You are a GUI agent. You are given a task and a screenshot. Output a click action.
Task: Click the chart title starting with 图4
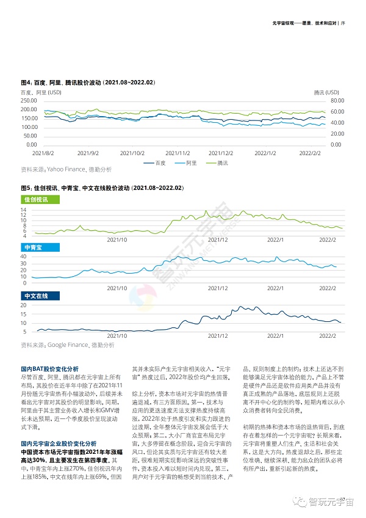[88, 82]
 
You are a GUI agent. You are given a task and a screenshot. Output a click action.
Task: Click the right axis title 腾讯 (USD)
[326, 92]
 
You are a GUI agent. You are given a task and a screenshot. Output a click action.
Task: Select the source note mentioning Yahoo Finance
[66, 169]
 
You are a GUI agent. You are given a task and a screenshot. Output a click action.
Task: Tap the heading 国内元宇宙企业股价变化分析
[58, 426]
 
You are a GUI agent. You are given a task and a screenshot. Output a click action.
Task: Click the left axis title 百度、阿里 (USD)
[41, 92]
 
